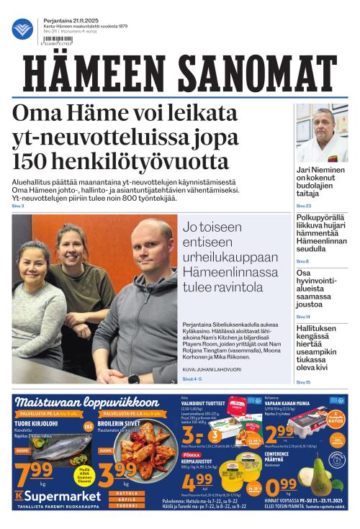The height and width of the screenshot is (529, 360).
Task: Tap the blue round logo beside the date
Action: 22,29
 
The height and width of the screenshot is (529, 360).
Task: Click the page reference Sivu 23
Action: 303,206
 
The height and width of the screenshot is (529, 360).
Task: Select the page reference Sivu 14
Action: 303,317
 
